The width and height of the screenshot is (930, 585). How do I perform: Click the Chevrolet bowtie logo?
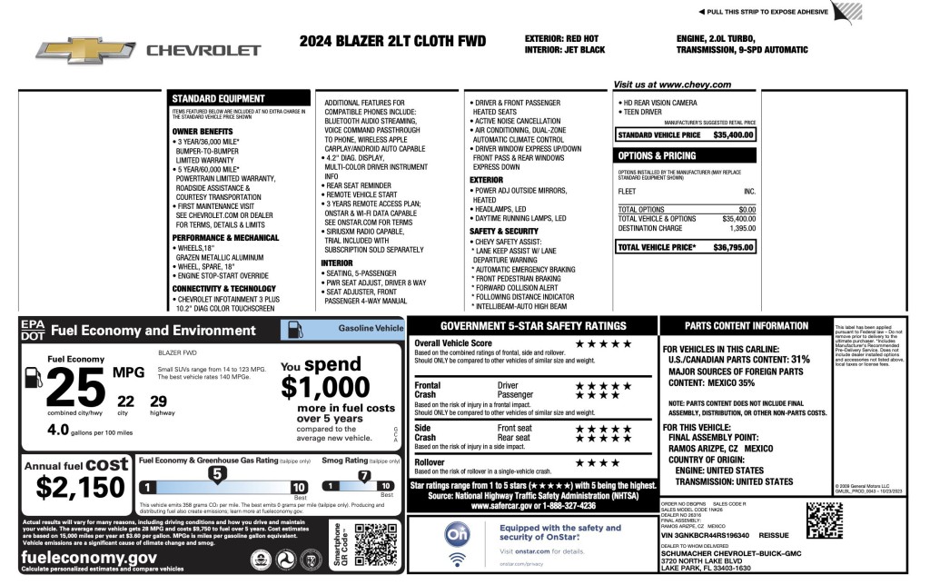pyautogui.click(x=86, y=50)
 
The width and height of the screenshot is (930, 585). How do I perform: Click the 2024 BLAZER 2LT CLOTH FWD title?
pyautogui.click(x=392, y=42)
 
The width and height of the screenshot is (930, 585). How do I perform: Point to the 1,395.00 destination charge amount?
pyautogui.click(x=741, y=228)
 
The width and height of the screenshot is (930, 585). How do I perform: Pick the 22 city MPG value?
pyautogui.click(x=126, y=401)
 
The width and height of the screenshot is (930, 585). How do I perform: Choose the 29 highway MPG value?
pyautogui.click(x=158, y=401)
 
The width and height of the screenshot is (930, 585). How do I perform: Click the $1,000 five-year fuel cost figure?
pyautogui.click(x=324, y=388)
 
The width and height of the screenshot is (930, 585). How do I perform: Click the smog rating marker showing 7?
pyautogui.click(x=364, y=473)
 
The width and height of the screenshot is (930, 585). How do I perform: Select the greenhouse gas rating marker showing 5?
pyautogui.click(x=217, y=472)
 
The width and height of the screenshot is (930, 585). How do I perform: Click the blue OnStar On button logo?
pyautogui.click(x=457, y=534)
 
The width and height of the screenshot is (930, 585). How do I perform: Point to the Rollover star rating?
pyautogui.click(x=597, y=462)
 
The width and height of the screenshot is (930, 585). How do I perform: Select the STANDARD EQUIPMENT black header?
pyautogui.click(x=218, y=98)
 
